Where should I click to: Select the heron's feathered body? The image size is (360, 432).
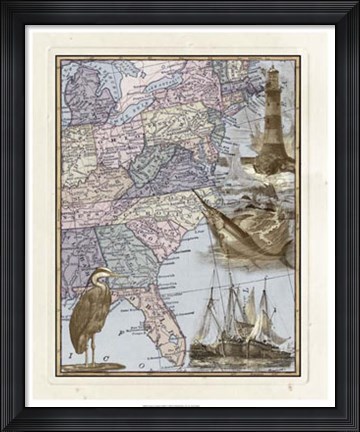click(x=89, y=310)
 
